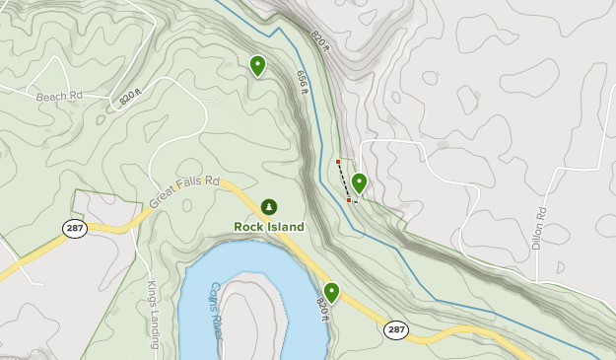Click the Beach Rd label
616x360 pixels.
[x=58, y=97]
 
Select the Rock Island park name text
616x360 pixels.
[x=269, y=226]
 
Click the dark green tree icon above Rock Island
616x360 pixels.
[x=269, y=206]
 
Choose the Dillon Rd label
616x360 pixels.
[x=539, y=229]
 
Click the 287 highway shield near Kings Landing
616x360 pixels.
[x=74, y=228]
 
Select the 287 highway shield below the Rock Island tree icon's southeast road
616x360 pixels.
[x=396, y=329]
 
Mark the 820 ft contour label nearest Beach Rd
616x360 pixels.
[x=129, y=97]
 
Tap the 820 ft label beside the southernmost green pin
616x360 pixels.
[x=322, y=309]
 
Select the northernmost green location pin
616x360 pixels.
[x=257, y=65]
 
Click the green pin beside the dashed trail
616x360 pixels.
[x=359, y=182]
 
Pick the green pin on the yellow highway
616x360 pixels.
[x=331, y=292]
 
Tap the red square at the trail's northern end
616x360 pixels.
[x=338, y=162]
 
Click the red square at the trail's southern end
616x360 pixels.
[x=349, y=200]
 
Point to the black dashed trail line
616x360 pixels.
[x=343, y=180]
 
